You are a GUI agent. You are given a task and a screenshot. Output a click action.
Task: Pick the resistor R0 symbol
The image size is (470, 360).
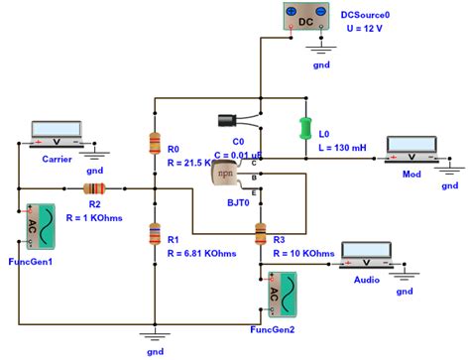pos(153,144)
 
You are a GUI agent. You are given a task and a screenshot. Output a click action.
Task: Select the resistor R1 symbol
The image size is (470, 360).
pos(153,233)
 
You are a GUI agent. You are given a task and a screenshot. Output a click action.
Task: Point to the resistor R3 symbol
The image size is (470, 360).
pos(261,234)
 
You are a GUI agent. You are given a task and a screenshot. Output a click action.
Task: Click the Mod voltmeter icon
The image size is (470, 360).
pos(411,148)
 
